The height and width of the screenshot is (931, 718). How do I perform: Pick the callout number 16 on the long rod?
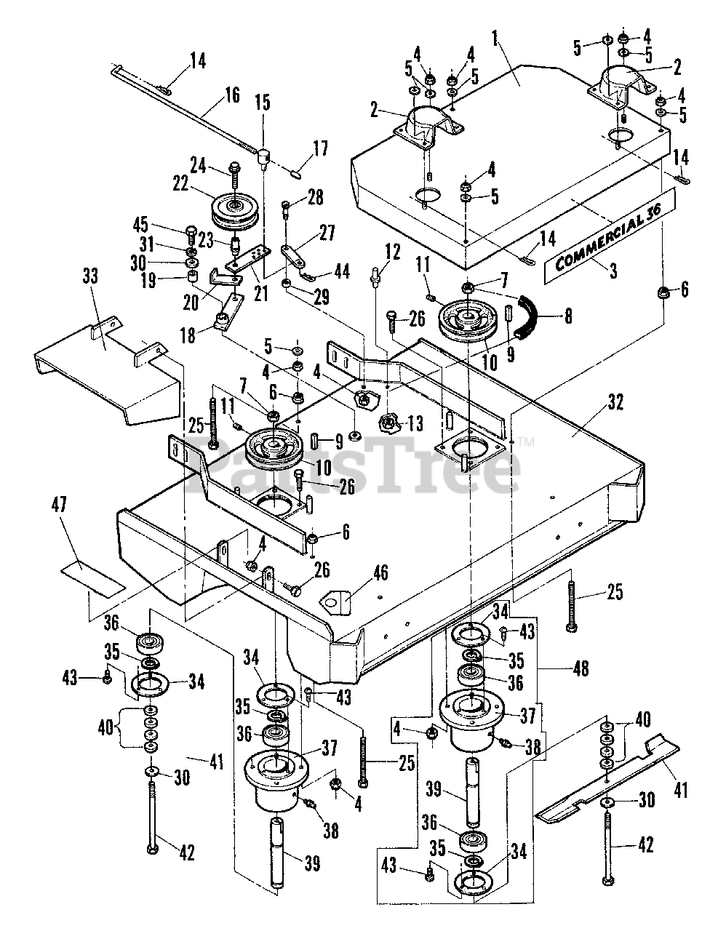(x=231, y=94)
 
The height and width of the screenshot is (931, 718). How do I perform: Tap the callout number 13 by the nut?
(x=415, y=422)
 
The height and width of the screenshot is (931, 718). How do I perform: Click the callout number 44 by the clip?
(x=341, y=271)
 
